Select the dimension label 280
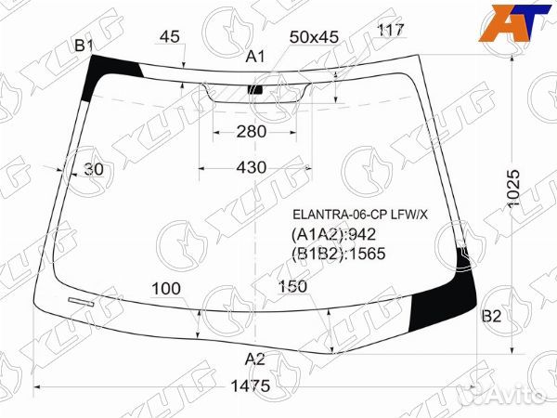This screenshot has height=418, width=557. click(x=251, y=132)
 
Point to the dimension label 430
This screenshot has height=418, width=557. click(x=251, y=167)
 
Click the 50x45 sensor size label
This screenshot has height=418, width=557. click(x=314, y=37)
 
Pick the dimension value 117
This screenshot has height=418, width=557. click(x=390, y=31)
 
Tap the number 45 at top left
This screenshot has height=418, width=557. click(x=170, y=37)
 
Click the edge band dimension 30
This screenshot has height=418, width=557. click(x=93, y=169)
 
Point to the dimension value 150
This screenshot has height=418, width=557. click(x=291, y=286)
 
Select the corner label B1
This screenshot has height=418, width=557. click(x=84, y=46)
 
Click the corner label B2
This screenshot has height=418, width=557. click(x=491, y=318)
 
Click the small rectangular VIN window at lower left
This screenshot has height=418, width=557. click(x=81, y=301)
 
